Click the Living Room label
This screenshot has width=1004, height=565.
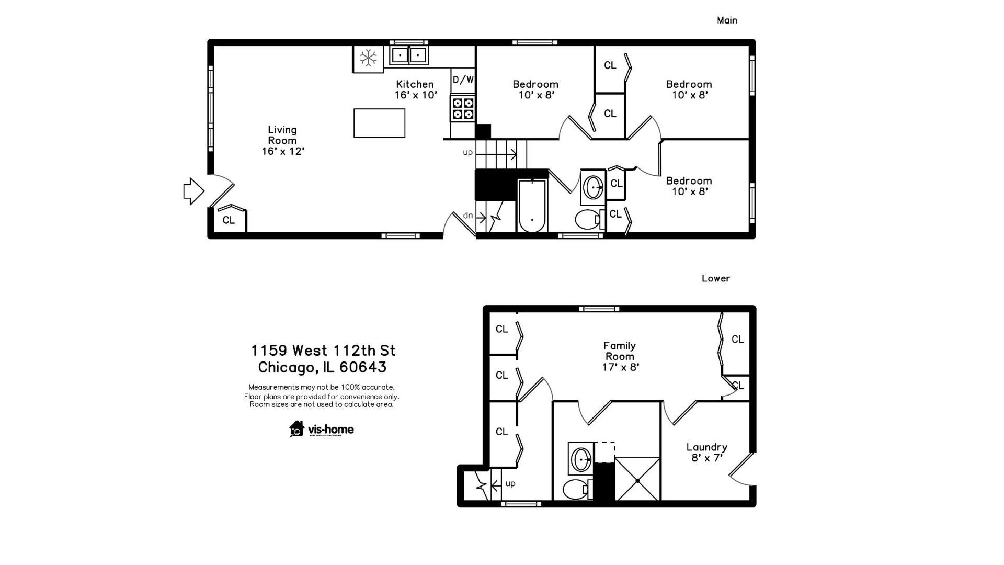(282, 140)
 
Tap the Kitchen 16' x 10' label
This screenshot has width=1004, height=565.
(415, 89)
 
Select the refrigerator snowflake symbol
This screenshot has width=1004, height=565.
(368, 58)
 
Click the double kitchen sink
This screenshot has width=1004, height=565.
(408, 55)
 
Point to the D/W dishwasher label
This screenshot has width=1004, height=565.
(463, 80)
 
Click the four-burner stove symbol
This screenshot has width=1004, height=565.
(463, 108)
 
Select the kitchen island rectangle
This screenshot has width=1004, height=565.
(379, 123)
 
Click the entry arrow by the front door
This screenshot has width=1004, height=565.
(193, 191)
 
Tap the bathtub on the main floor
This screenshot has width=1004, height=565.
(532, 206)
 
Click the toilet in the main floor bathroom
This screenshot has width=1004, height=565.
(587, 220)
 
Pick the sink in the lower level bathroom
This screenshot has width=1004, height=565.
(580, 459)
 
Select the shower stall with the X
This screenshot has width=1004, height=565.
(637, 479)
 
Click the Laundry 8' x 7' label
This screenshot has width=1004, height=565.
(706, 453)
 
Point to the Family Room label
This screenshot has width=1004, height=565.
(620, 356)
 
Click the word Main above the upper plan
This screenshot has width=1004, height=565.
(727, 20)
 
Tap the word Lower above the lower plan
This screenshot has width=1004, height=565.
(715, 278)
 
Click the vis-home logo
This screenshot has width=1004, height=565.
(322, 429)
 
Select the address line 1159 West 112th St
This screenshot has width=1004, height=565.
(323, 350)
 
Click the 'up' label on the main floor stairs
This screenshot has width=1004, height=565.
(467, 152)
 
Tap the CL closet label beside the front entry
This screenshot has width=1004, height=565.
(229, 220)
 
